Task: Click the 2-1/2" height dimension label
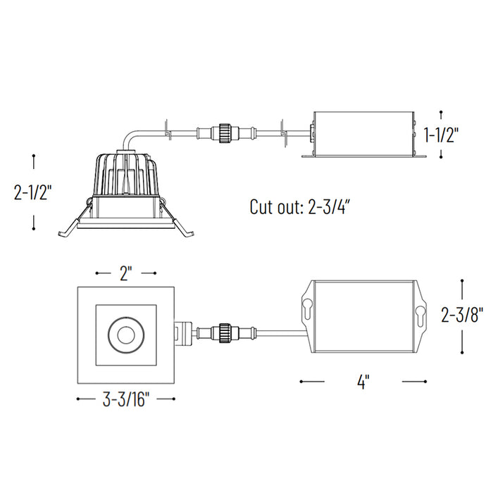tap(32, 192)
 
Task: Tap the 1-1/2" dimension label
tap(441, 135)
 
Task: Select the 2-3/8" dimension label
tap(462, 315)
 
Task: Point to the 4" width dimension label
tap(363, 382)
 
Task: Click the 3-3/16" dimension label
tap(126, 400)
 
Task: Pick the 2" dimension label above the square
tap(125, 273)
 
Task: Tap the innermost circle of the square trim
tap(126, 335)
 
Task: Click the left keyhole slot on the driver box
tap(307, 310)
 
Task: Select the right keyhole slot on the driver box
tap(420, 317)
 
